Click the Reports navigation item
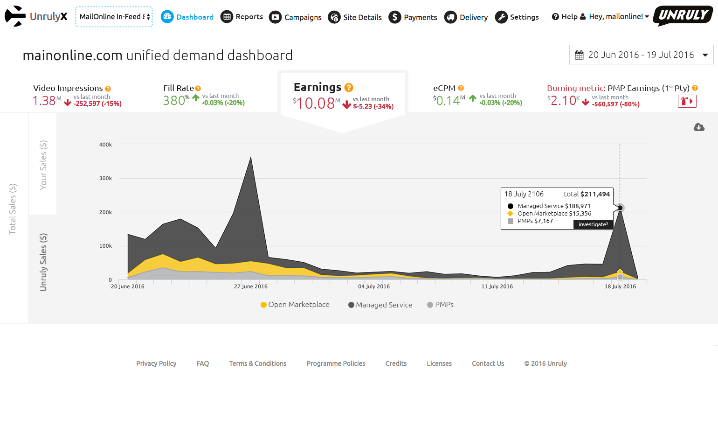point(242,17)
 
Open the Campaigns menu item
point(296,17)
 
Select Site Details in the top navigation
point(355,17)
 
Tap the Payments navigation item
point(413,17)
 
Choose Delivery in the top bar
point(466,17)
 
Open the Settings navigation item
point(517,17)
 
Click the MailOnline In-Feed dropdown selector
point(114,17)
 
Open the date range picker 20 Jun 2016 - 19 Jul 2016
point(641,55)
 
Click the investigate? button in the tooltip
point(593,224)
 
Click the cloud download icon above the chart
point(699,127)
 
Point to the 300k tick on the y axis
point(105,178)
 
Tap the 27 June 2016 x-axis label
point(251,286)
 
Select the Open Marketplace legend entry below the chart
point(295,305)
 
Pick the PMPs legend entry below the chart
point(441,305)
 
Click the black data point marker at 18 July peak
point(620,208)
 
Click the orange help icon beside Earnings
point(349,88)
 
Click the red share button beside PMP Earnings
point(687,101)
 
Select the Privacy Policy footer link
point(156,363)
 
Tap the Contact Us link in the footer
point(488,363)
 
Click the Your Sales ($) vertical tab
point(43,164)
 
